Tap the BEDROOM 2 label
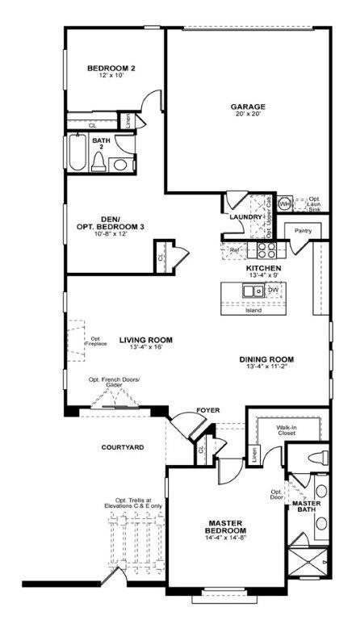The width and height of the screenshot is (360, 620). [x=111, y=69]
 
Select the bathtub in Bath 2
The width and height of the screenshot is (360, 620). [x=77, y=153]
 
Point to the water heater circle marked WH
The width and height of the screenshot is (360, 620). [x=285, y=204]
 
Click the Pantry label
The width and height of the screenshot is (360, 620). [x=303, y=231]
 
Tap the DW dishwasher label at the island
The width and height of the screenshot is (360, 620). [x=273, y=289]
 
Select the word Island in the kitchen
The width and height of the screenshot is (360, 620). [x=253, y=309]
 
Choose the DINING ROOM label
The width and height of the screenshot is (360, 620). [x=266, y=359]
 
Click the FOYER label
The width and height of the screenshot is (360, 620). [x=208, y=410]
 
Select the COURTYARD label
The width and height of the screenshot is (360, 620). [x=123, y=446]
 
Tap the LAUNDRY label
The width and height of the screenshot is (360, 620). [x=245, y=217]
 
